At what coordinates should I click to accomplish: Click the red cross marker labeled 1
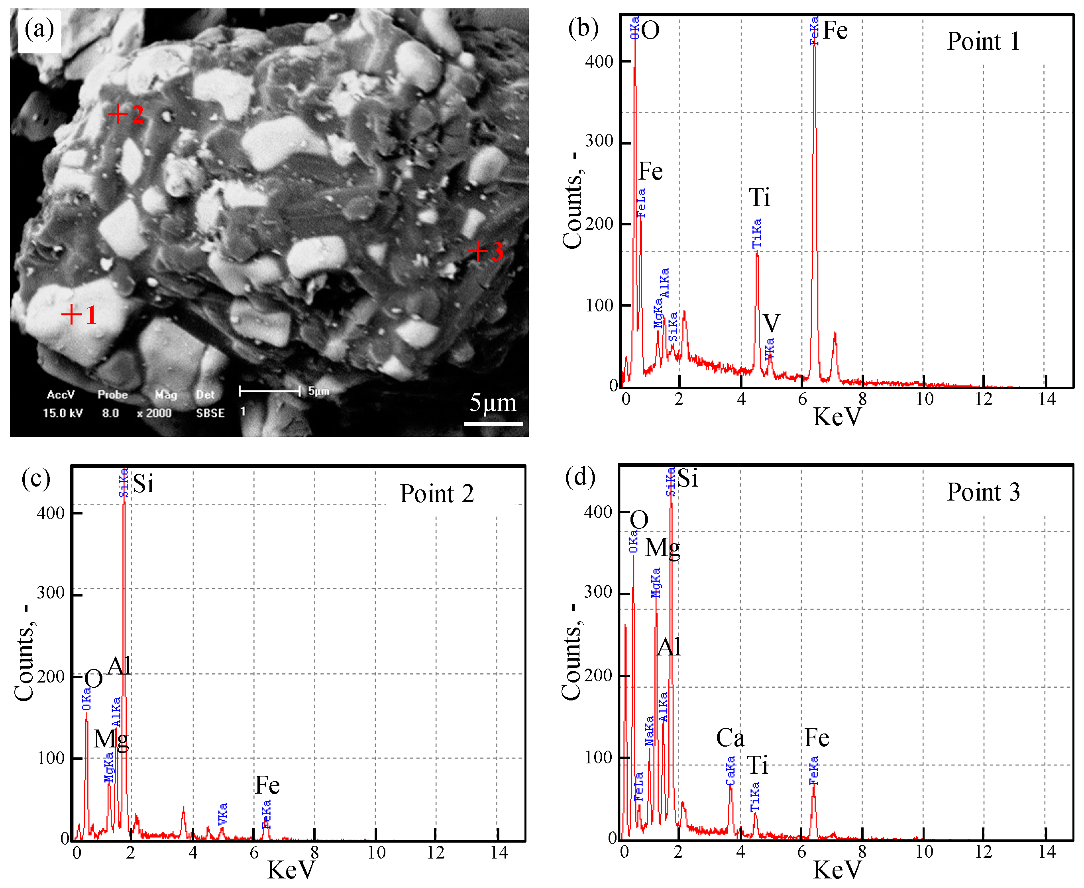click(72, 314)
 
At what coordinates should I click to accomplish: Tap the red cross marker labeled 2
click(118, 113)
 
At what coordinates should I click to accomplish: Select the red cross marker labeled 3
click(477, 251)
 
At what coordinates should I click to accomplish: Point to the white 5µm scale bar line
click(493, 423)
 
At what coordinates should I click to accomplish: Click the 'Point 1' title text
click(983, 41)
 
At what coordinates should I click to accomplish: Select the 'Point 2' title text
click(436, 494)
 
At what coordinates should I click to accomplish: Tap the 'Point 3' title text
click(983, 492)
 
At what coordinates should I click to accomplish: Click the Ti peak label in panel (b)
click(759, 197)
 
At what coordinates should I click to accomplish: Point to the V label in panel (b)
click(771, 323)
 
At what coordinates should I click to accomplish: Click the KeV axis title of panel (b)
click(837, 417)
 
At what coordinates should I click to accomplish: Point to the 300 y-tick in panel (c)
click(51, 593)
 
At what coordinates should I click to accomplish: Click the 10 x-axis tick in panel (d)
click(924, 852)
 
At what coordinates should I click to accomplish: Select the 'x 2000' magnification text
click(154, 413)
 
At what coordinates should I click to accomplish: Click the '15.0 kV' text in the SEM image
click(63, 413)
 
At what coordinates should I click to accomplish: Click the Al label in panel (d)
click(668, 647)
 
